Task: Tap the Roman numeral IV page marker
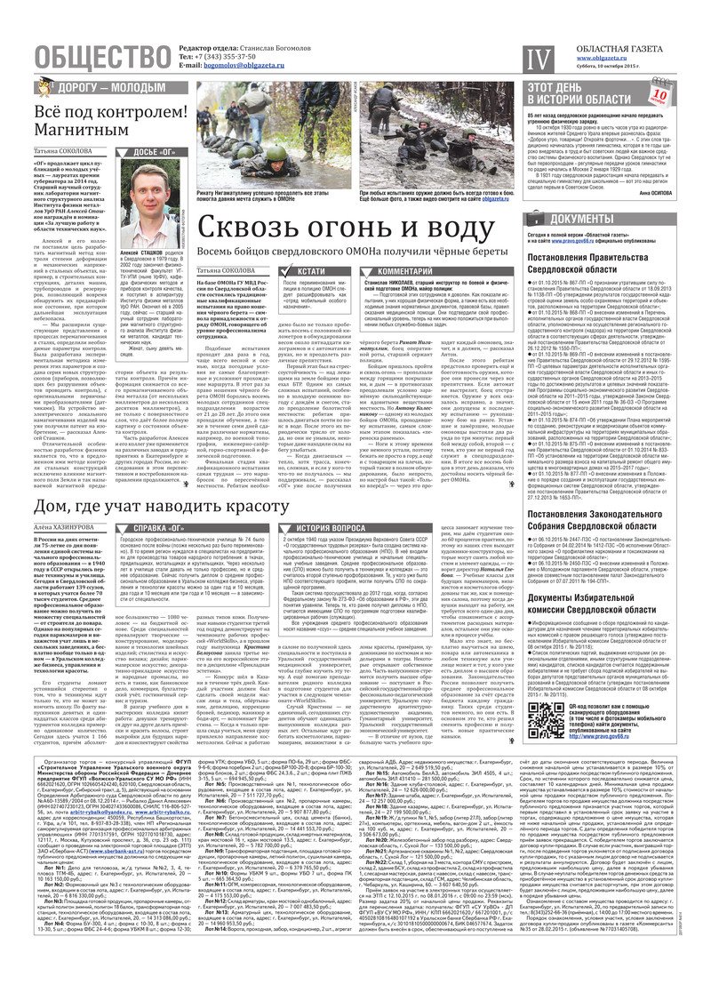pos(534,60)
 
